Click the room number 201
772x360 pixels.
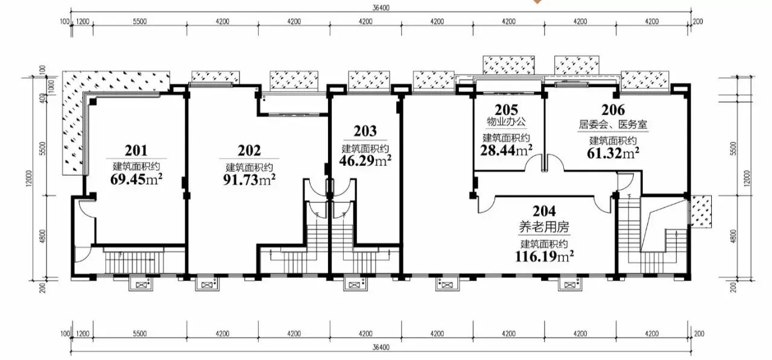tap(136, 151)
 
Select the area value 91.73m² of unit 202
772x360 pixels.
tap(249, 180)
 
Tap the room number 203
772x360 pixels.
tap(365, 131)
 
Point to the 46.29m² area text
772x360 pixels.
tap(365, 160)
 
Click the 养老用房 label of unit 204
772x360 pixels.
tap(544, 227)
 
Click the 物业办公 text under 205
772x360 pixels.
tap(506, 122)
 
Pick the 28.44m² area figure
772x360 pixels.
tap(506, 150)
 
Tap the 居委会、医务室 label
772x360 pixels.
tap(613, 125)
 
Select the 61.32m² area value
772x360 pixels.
tap(613, 153)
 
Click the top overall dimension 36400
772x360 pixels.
tap(381, 8)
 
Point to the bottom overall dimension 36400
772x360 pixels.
tap(381, 347)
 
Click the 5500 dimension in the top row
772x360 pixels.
tap(139, 21)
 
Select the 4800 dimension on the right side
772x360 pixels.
tap(733, 236)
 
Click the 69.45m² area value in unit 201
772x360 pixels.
tap(136, 180)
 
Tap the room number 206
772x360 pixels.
tap(613, 110)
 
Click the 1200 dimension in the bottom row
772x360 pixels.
tap(83, 333)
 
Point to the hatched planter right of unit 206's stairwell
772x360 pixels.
tap(701, 212)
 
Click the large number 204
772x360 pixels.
tap(544, 211)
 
